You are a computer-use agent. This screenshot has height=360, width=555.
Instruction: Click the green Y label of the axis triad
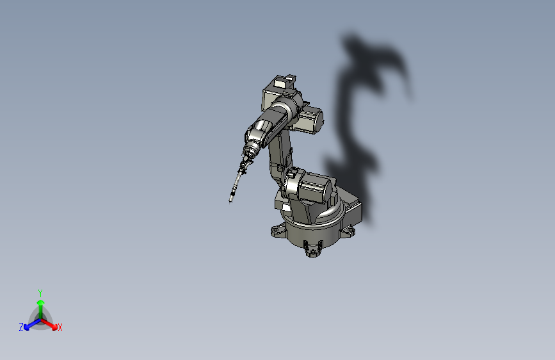tap(40, 293)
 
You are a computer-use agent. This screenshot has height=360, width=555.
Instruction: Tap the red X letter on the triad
tap(60, 328)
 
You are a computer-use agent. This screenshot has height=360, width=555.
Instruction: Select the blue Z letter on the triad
tap(21, 327)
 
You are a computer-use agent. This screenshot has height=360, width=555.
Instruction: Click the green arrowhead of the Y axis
tap(41, 302)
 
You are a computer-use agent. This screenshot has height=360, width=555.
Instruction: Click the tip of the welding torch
tap(230, 201)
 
